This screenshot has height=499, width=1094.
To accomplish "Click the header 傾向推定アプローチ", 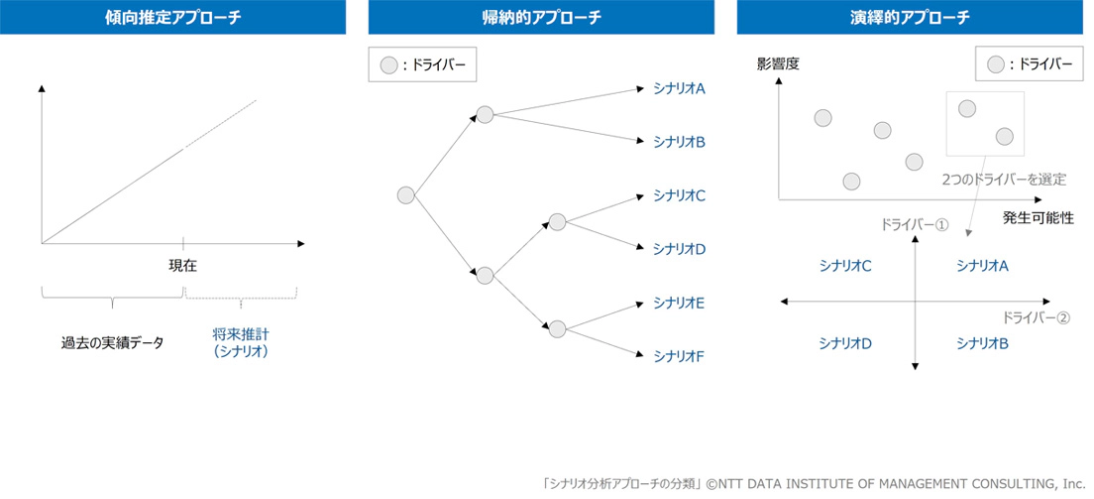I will [172, 17].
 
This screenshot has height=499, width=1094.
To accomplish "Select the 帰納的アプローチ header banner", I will [541, 17].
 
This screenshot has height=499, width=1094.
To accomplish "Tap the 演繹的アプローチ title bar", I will [910, 17].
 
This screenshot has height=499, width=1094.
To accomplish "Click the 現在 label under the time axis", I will [183, 265].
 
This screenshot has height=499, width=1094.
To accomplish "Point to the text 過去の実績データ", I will [113, 342].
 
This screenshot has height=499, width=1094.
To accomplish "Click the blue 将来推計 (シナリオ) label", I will [241, 342].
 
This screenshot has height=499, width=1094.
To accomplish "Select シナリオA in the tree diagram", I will [679, 88].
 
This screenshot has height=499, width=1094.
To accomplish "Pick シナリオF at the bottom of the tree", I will [679, 355].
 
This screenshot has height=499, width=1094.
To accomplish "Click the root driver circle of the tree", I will [405, 195].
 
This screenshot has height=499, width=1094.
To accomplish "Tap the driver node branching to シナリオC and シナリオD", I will [557, 222].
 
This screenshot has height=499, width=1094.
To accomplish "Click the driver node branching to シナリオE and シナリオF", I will [557, 328].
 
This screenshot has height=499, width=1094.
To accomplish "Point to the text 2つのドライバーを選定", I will [1004, 180].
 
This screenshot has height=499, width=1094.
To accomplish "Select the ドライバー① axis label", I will [915, 224].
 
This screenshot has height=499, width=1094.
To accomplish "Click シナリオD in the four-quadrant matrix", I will [845, 343].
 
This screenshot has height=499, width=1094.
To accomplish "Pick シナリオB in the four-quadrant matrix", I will [982, 343].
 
